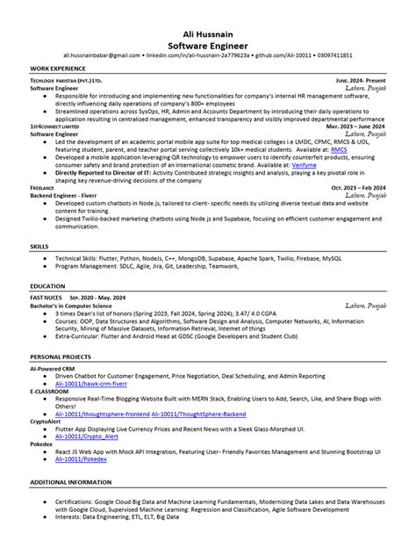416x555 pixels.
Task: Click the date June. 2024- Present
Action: tap(360, 80)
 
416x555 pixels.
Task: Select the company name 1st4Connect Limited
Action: tap(55, 126)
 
